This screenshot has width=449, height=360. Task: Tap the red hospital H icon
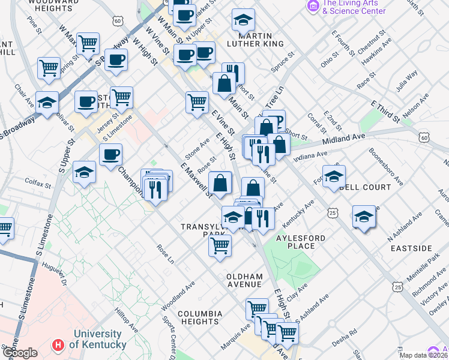[58, 345]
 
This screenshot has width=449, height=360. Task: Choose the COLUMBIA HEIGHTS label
[200, 317]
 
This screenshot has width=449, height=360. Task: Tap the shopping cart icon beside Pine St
[88, 43]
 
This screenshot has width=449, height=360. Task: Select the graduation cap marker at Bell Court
[334, 176]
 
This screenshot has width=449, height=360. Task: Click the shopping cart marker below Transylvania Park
[220, 244]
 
